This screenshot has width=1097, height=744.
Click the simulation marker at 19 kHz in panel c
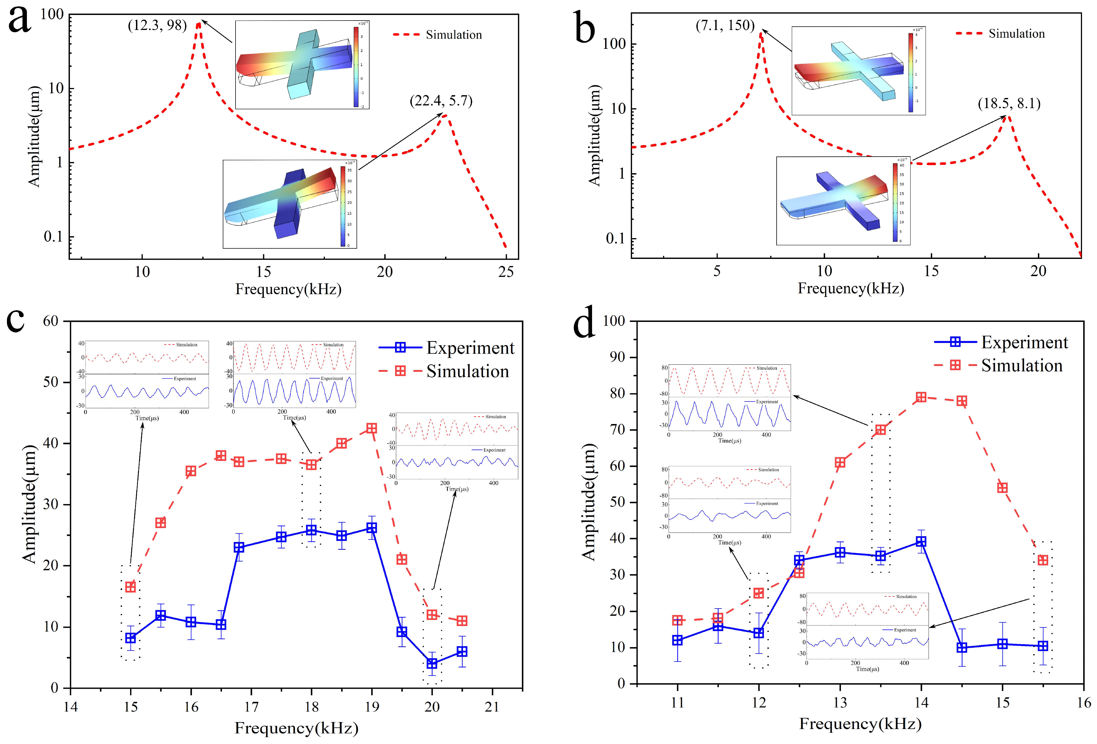(371, 428)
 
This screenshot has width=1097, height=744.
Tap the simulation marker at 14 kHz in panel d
(921, 397)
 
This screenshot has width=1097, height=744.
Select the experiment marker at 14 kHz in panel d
(921, 541)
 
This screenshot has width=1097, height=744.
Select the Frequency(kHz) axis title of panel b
(851, 288)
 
